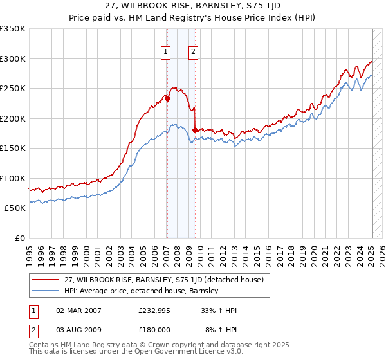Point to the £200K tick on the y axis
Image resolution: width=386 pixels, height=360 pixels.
13,118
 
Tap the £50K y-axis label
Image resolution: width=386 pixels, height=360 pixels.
15,208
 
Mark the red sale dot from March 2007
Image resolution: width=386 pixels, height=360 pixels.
167,98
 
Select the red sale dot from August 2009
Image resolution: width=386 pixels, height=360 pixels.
195,130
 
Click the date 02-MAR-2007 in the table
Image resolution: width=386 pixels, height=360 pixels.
78,310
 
